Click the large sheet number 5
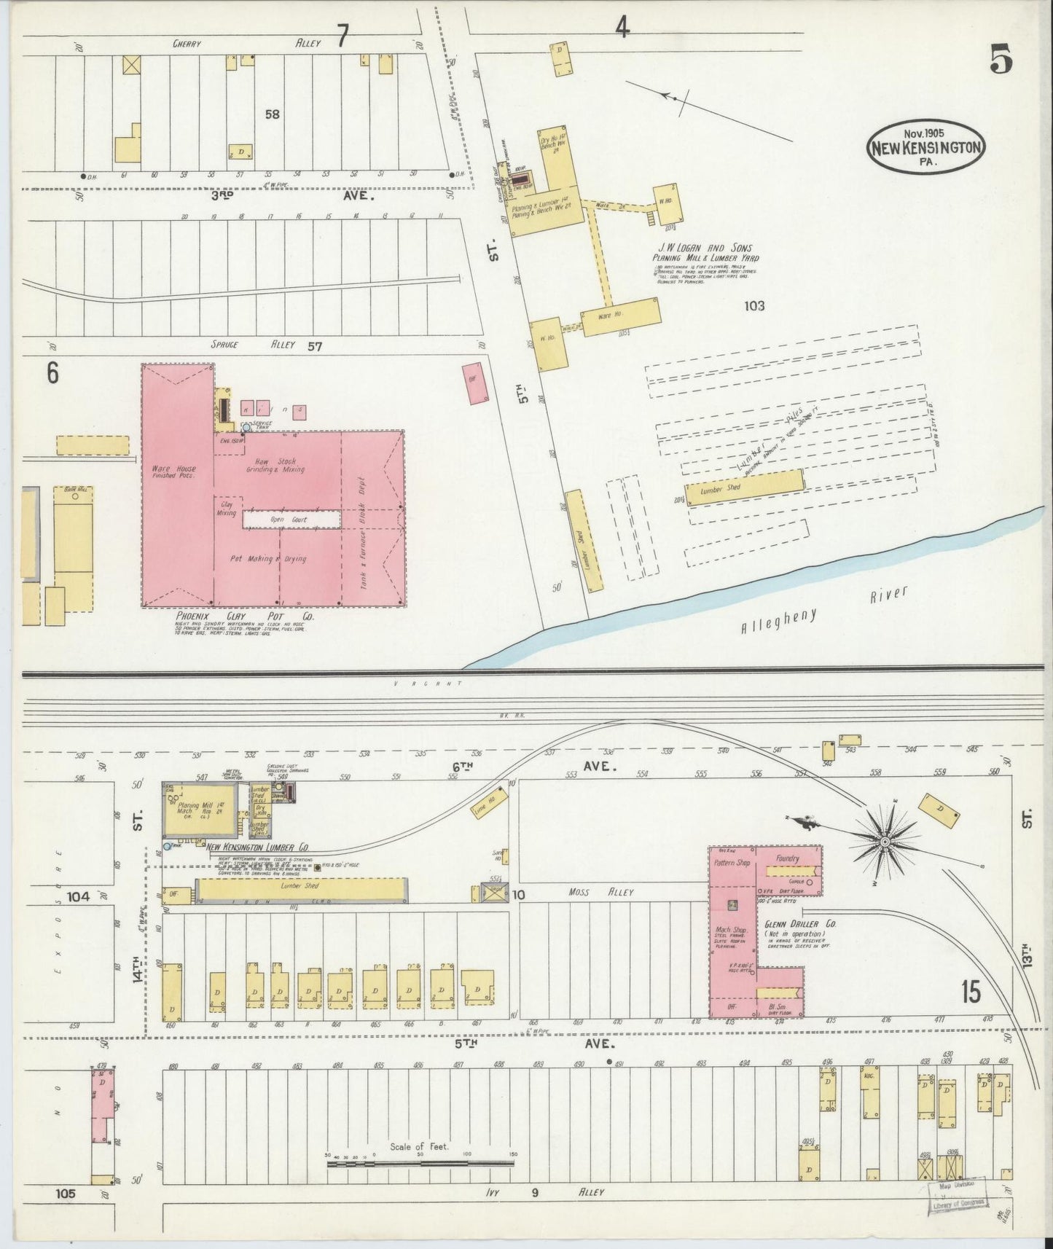pyautogui.click(x=1001, y=60)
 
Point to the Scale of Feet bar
pyautogui.click(x=420, y=1163)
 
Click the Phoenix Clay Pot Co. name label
pyautogui.click(x=245, y=616)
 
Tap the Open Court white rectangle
pyautogui.click(x=291, y=520)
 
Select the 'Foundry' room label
pyautogui.click(x=788, y=858)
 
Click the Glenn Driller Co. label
pyautogui.click(x=800, y=923)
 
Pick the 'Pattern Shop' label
pyautogui.click(x=732, y=863)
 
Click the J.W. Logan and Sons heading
pyautogui.click(x=705, y=248)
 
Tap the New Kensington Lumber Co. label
pyautogui.click(x=257, y=847)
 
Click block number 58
pyautogui.click(x=273, y=114)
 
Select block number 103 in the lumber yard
pyautogui.click(x=754, y=306)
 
